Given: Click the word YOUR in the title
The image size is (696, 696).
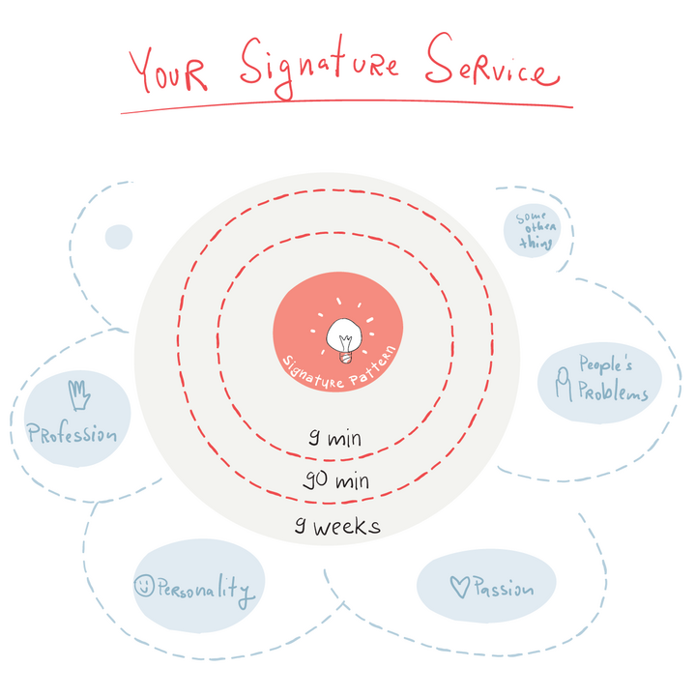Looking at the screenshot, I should [168, 70].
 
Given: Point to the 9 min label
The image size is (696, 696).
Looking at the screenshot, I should [334, 439].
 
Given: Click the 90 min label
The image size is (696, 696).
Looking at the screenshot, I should [336, 480].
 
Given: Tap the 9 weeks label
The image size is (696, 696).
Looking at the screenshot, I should [337, 527].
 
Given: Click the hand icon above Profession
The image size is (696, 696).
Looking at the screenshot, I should [79, 395].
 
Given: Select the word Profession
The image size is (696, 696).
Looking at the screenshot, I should [73, 434].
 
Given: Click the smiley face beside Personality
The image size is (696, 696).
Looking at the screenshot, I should [144, 586].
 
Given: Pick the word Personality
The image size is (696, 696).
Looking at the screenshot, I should [205, 589].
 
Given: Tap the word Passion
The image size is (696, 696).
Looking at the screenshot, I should [502, 588].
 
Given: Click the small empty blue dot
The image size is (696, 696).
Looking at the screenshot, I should [118, 236].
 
